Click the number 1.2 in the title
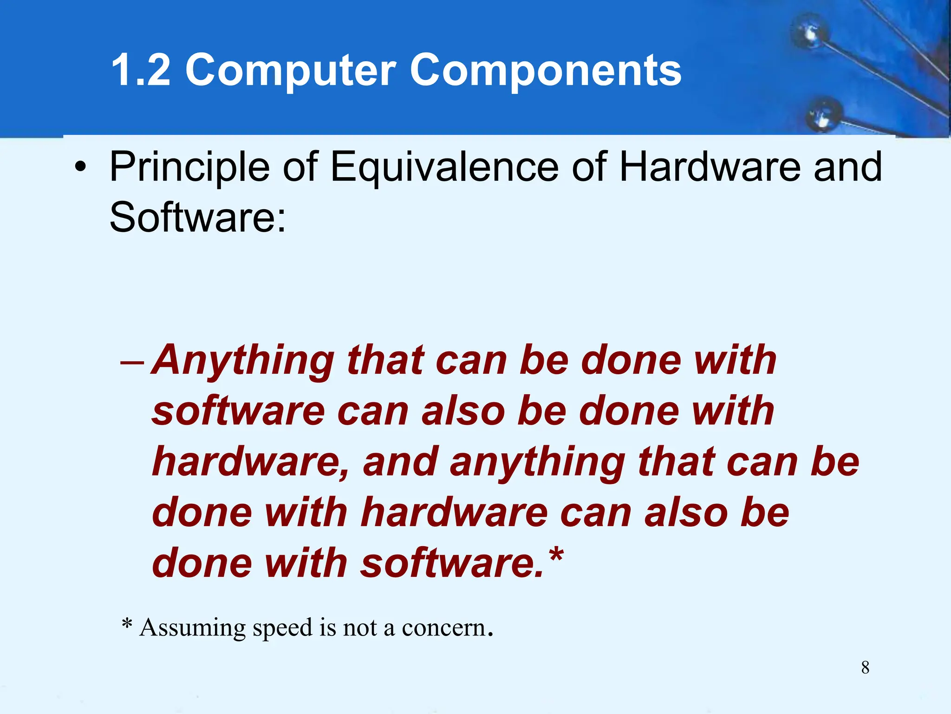pos(141,70)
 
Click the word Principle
pos(189,167)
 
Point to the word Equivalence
pos(444,167)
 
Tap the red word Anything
pos(243,362)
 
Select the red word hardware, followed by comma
pos(251,462)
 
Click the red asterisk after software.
pos(556,555)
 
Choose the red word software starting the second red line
pos(238,411)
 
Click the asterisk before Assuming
pos(127,624)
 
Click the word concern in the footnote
pos(443,628)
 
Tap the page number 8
pos(865,668)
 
